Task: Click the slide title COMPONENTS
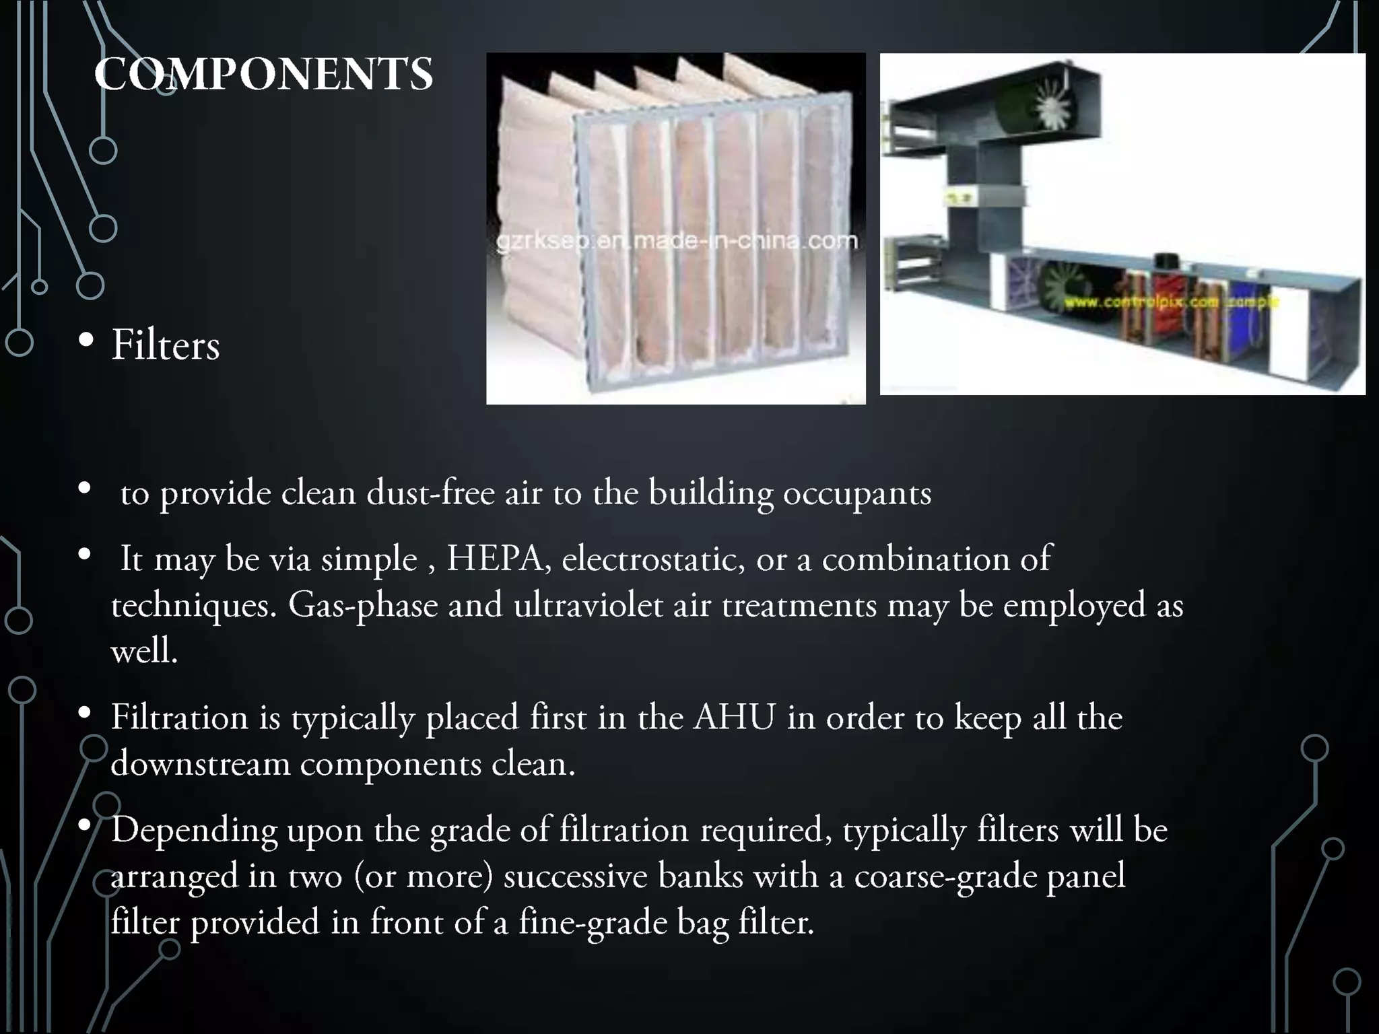263,74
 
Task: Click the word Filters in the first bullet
166,345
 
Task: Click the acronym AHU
734,717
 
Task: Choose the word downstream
200,763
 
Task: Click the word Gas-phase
363,605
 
